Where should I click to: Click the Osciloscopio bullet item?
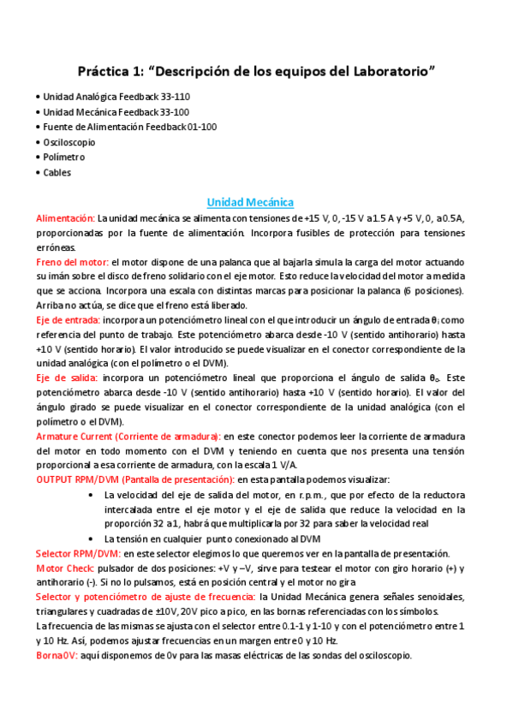[x=69, y=142]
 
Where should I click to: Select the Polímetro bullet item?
[x=64, y=158]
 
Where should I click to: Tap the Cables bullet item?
[x=57, y=172]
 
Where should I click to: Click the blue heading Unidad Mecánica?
[x=250, y=202]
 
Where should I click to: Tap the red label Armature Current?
[x=78, y=436]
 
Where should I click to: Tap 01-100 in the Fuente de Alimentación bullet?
[x=201, y=127]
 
